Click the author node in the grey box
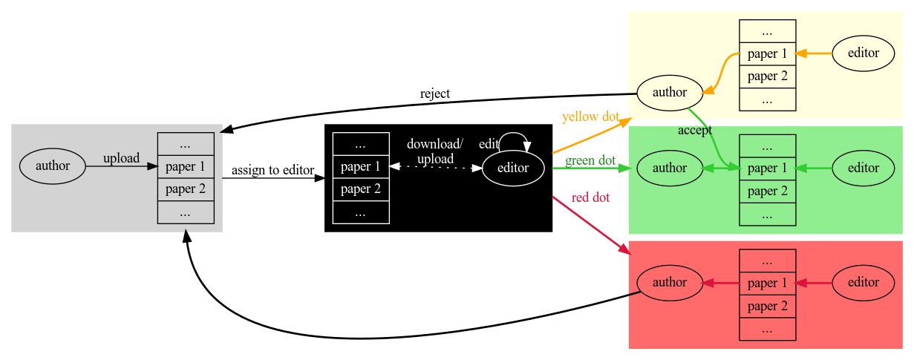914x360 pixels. click(x=52, y=166)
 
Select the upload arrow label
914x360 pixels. click(x=121, y=158)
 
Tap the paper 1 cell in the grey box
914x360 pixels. click(x=186, y=166)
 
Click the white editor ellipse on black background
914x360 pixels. click(x=513, y=168)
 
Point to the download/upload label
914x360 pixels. click(x=435, y=151)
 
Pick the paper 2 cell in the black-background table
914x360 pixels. click(x=361, y=189)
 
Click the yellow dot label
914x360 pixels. click(x=591, y=117)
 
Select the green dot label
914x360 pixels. click(x=590, y=160)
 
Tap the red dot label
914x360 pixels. click(x=590, y=197)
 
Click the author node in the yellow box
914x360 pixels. click(x=670, y=93)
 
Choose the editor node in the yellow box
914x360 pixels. click(x=863, y=53)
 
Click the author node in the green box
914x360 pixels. click(x=670, y=168)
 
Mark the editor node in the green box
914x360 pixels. click(x=863, y=168)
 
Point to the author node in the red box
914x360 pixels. click(x=670, y=282)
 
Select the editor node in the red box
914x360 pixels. click(x=863, y=282)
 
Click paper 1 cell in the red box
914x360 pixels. click(x=768, y=283)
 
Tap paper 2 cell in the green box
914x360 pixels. click(x=768, y=192)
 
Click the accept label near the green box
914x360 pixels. click(x=695, y=131)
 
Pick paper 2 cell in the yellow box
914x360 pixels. click(x=768, y=76)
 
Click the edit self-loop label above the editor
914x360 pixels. click(x=489, y=144)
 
